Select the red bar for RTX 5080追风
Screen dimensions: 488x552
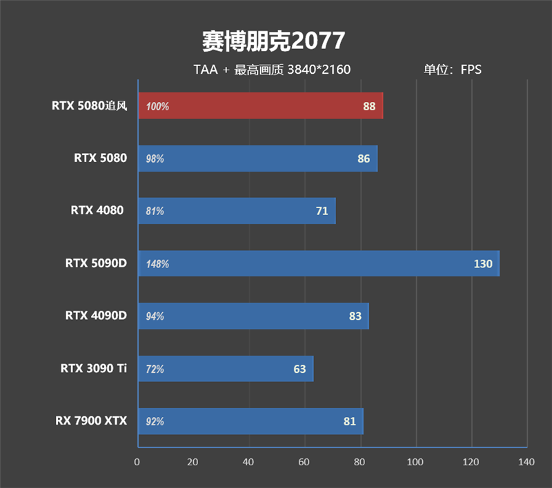coord(260,106)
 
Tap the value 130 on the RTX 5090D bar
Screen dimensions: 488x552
coord(483,264)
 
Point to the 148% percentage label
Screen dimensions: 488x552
coord(157,264)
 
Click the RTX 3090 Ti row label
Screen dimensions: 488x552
coord(93,369)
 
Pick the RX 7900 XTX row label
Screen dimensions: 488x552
coord(91,421)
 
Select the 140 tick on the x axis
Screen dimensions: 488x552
coord(526,462)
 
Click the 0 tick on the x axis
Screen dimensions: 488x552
coord(137,462)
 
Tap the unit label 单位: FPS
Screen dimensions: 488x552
coord(452,70)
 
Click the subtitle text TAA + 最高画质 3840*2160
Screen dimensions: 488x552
coord(272,70)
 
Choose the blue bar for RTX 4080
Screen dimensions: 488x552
coord(237,211)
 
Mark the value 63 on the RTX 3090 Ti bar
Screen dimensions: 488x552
coord(299,369)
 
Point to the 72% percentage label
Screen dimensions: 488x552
coord(155,369)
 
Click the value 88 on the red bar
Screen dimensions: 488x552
coord(369,106)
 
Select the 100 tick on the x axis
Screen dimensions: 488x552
coord(415,462)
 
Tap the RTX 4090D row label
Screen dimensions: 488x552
coord(96,316)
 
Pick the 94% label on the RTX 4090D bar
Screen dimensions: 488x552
coord(155,316)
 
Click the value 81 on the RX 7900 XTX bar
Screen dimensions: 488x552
coord(350,421)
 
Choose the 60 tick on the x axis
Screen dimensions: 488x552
coord(304,462)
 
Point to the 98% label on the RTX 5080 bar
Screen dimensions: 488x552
coord(155,159)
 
